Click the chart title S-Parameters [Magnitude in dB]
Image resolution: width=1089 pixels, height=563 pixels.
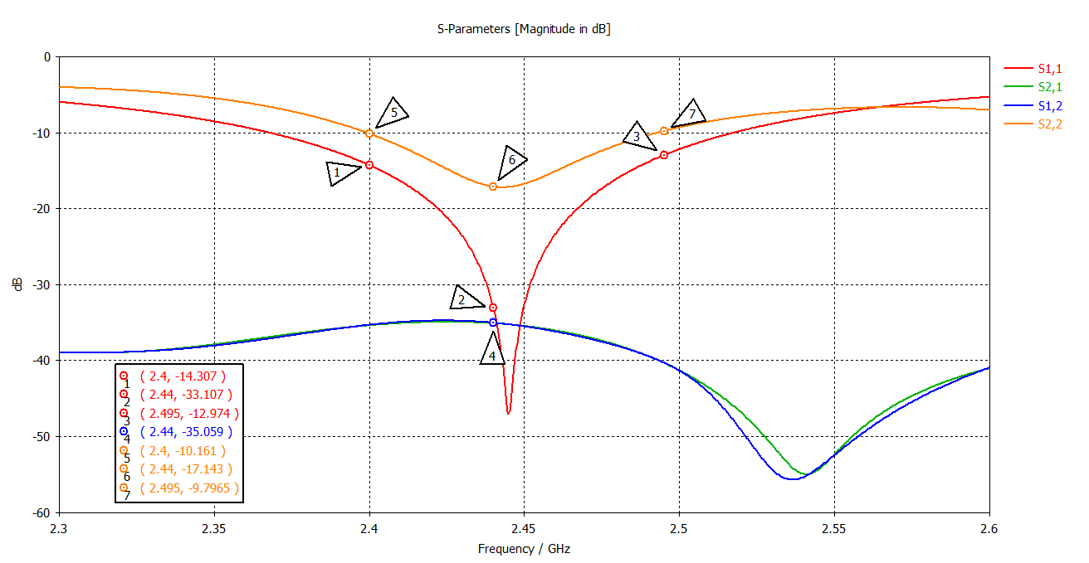524,29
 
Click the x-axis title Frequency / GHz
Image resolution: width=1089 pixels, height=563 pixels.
524,549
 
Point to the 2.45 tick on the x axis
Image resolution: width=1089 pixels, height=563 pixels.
524,527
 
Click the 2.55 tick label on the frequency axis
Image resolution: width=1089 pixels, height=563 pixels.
833,527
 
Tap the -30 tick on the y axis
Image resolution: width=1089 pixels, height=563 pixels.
40,284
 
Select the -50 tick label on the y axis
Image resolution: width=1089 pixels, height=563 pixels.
40,437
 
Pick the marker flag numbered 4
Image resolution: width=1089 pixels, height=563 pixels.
492,351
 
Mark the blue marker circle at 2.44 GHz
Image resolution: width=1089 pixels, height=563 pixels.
493,323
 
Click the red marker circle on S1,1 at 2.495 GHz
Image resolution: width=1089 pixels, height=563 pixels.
664,155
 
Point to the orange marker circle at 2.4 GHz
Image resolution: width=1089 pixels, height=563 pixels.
369,133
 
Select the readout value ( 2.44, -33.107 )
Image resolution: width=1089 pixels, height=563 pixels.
186,395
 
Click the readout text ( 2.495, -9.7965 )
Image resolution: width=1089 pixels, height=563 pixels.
189,489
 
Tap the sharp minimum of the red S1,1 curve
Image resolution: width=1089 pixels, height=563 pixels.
508,413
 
